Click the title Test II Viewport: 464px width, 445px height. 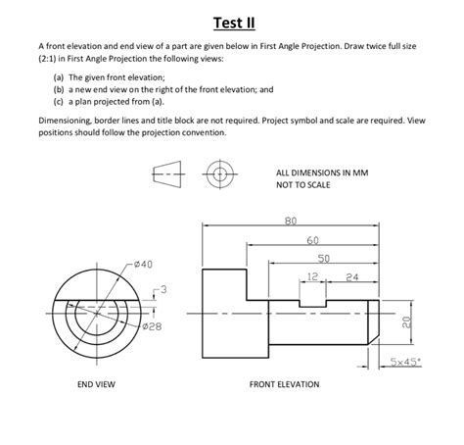[232, 23]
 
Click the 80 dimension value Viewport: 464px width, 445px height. [290, 221]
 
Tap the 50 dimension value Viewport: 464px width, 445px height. [323, 258]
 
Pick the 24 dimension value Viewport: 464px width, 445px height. [351, 277]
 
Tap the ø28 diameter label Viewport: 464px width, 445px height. [152, 325]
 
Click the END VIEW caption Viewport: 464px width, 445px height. [96, 384]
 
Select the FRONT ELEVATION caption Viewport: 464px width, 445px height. [284, 384]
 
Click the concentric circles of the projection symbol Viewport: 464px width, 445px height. [220, 176]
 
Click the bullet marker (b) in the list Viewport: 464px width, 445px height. [60, 88]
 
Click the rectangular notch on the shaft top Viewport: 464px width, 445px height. [314, 298]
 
